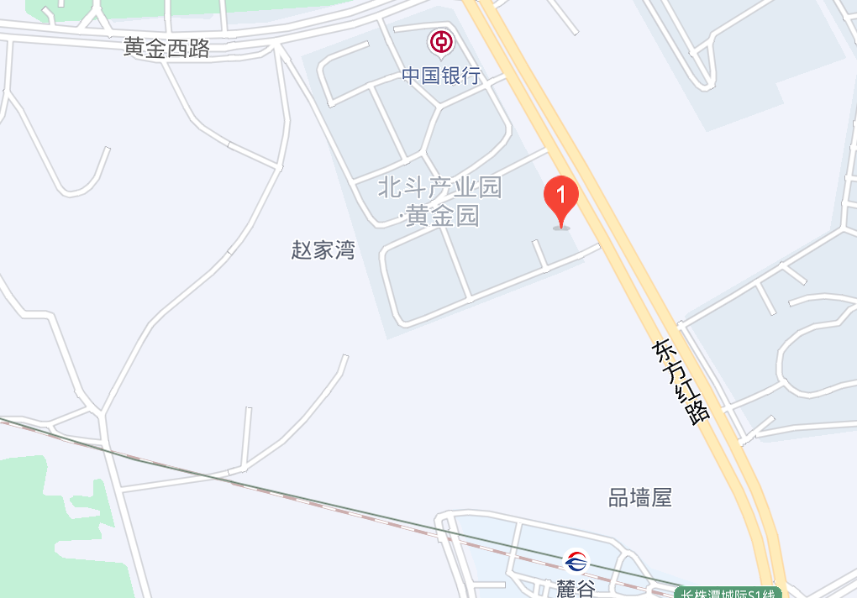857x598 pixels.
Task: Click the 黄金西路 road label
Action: [x=166, y=48]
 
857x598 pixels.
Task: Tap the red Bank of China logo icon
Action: [x=441, y=41]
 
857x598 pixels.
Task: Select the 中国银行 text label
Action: [x=441, y=76]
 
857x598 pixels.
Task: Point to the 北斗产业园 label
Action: [x=439, y=186]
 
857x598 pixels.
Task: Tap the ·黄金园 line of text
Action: [x=439, y=216]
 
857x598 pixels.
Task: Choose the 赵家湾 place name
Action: [x=323, y=249]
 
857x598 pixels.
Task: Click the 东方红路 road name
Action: [x=681, y=382]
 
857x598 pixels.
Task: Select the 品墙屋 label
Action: [x=640, y=497]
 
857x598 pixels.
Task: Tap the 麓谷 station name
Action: [x=576, y=588]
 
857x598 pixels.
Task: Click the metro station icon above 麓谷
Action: [x=576, y=560]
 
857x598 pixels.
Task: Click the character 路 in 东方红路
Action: [x=698, y=412]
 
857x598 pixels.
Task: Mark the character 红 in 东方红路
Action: [x=686, y=391]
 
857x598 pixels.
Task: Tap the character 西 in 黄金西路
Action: [x=177, y=48]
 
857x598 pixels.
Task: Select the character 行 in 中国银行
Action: [x=471, y=76]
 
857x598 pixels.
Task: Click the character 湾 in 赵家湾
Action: [x=344, y=249]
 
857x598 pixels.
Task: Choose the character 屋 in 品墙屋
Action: [x=662, y=497]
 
